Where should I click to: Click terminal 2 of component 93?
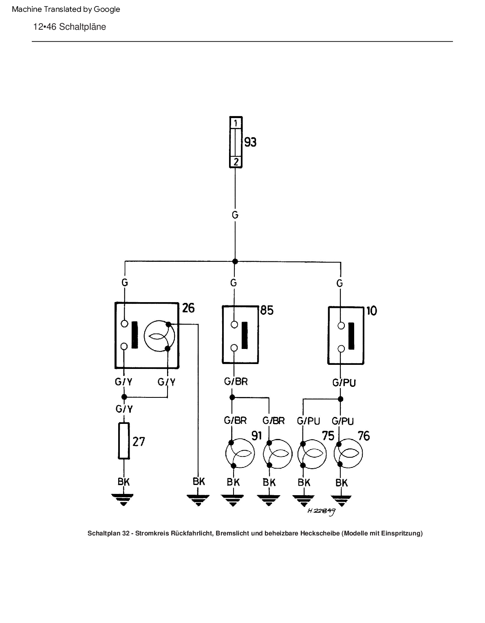tap(236, 162)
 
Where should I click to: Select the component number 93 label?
tap(250, 142)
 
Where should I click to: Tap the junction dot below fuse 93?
tap(235, 261)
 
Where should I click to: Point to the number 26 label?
tap(188, 308)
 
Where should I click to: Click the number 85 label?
tap(267, 310)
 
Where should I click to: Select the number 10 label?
tap(371, 311)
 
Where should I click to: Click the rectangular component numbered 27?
tap(124, 441)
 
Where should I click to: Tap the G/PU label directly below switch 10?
tap(344, 382)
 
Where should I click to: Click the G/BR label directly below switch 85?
tap(236, 382)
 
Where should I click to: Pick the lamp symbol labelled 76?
tap(348, 453)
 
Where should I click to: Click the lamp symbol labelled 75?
tap(312, 453)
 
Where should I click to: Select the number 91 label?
tap(256, 436)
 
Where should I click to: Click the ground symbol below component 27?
tap(123, 499)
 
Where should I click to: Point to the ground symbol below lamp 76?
tap(341, 500)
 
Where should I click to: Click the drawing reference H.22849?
tap(321, 511)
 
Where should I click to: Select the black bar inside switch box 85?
tap(245, 335)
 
